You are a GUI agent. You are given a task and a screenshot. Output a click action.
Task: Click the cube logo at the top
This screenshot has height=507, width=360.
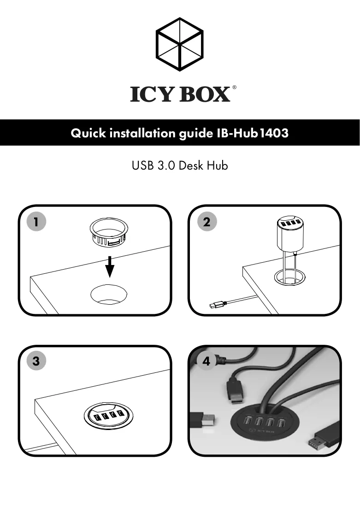click(x=180, y=44)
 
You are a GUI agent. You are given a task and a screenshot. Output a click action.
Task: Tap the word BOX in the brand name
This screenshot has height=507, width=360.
click(x=204, y=94)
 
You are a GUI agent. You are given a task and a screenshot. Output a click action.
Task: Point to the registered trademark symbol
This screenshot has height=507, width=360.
click(x=234, y=87)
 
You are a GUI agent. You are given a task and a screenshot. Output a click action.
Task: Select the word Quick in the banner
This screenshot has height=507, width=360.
click(x=88, y=133)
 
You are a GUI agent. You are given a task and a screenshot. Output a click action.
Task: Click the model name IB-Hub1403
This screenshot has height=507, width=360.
click(x=252, y=133)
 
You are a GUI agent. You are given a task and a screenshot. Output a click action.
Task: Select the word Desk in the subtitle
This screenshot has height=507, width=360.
click(x=191, y=165)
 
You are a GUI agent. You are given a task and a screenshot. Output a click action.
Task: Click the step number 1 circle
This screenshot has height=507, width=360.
click(x=36, y=222)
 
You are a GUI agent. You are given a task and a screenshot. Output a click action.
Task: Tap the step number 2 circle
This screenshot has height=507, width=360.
click(x=207, y=222)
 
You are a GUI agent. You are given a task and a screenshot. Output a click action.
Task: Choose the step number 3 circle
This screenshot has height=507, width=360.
click(x=36, y=360)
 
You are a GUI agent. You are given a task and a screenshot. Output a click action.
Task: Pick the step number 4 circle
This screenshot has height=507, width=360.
click(x=207, y=360)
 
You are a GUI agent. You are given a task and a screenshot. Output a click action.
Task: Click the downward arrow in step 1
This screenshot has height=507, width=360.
click(x=110, y=267)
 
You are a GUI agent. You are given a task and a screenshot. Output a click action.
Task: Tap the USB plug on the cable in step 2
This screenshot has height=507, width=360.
click(x=216, y=305)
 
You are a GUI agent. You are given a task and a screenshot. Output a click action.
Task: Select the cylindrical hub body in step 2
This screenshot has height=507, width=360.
click(x=290, y=234)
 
